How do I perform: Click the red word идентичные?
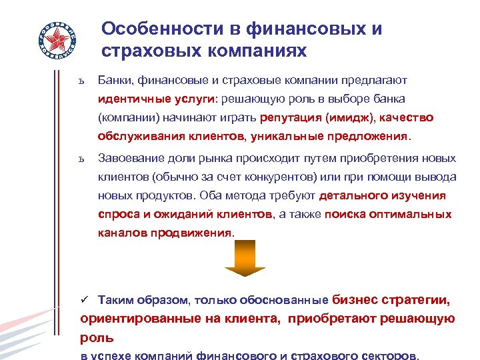(x=129, y=99)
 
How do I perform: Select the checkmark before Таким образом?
(x=85, y=300)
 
